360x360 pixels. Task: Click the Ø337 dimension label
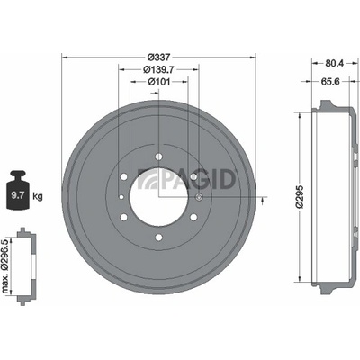pyautogui.click(x=159, y=57)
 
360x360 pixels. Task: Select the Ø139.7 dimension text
pyautogui.click(x=158, y=69)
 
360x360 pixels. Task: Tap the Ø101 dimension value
pyautogui.click(x=159, y=82)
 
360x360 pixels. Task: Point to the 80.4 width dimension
pyautogui.click(x=335, y=63)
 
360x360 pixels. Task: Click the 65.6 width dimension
pyautogui.click(x=330, y=81)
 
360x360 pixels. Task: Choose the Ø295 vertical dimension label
pyautogui.click(x=301, y=196)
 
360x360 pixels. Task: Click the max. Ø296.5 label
pyautogui.click(x=5, y=266)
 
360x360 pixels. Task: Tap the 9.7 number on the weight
pyautogui.click(x=17, y=196)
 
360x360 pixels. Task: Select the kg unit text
pyautogui.click(x=38, y=196)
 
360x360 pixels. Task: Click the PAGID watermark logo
pyautogui.click(x=186, y=179)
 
